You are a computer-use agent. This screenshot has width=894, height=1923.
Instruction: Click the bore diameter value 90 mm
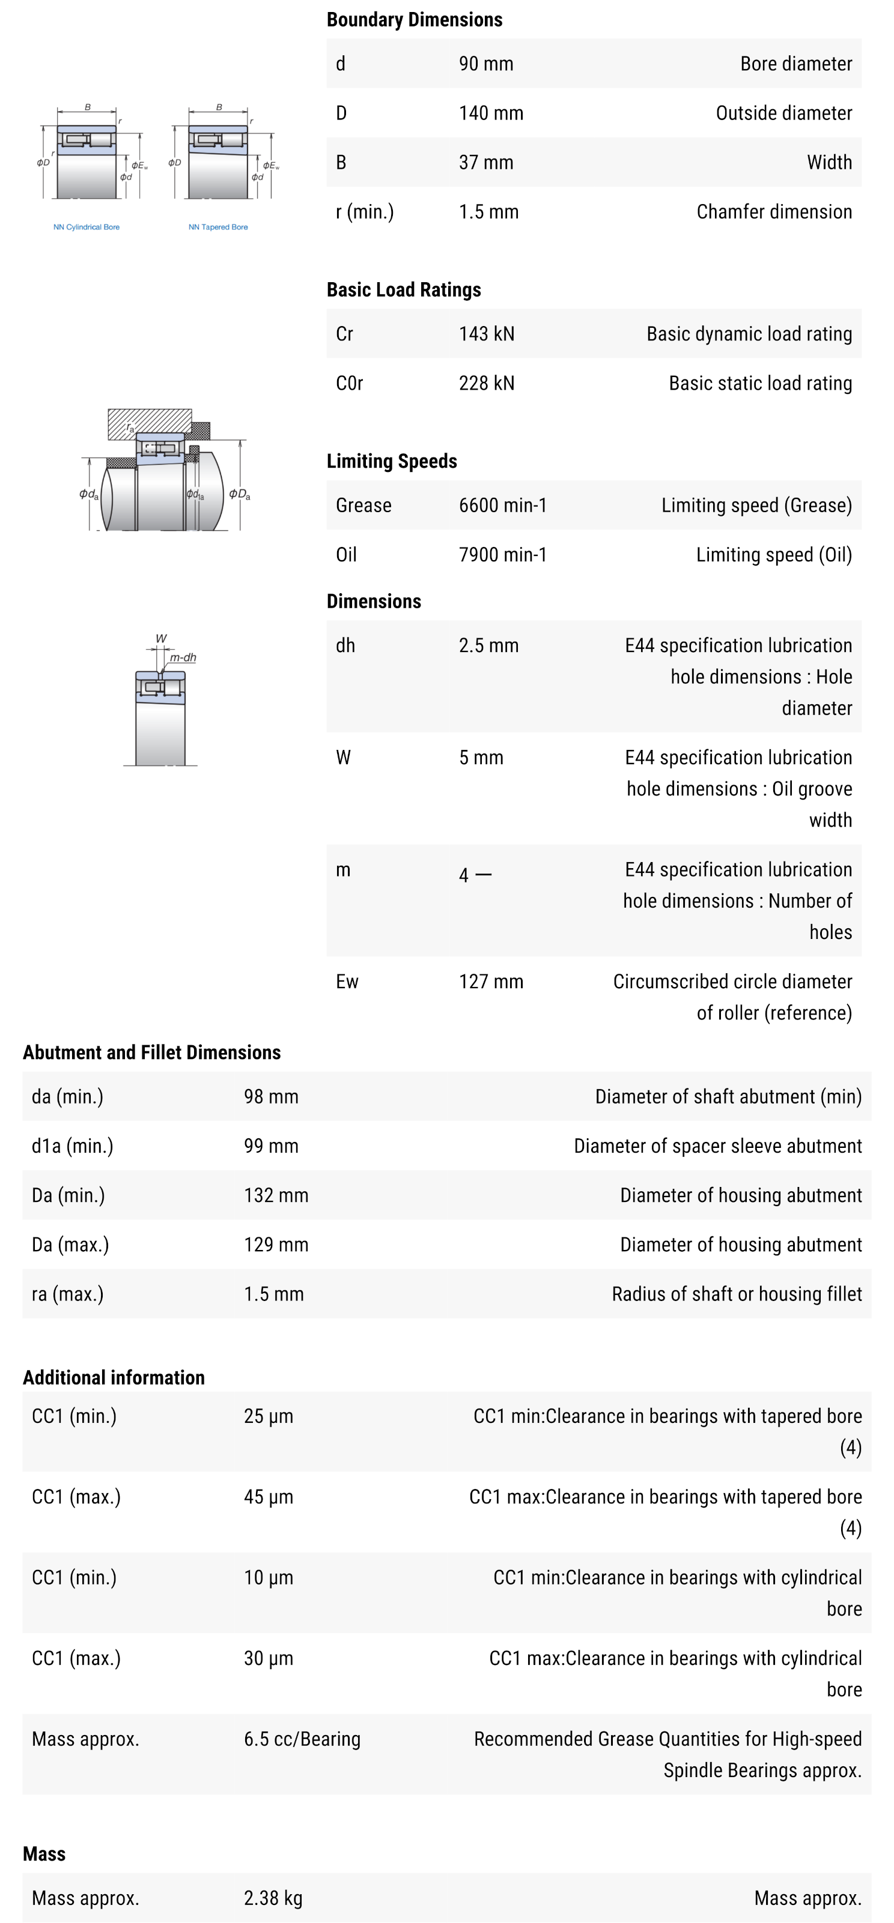point(485,64)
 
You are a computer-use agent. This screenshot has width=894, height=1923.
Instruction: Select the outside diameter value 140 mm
point(491,113)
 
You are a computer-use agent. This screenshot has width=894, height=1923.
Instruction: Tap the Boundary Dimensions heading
point(414,19)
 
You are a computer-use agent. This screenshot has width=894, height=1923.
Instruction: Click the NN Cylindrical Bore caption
point(86,227)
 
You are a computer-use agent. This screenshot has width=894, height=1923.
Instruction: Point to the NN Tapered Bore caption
point(218,227)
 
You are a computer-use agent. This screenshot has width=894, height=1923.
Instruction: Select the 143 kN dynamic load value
point(486,334)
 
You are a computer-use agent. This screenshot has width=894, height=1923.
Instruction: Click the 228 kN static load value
point(486,383)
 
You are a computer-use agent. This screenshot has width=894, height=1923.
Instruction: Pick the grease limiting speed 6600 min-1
point(503,506)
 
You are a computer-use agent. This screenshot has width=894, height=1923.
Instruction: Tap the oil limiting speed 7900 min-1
point(503,555)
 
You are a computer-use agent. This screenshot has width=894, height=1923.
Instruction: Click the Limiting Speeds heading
point(391,461)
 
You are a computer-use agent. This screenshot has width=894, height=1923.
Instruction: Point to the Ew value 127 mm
point(491,982)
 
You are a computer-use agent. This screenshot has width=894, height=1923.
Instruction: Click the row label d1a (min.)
point(73,1146)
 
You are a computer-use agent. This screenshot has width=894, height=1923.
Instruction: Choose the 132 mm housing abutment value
point(276,1195)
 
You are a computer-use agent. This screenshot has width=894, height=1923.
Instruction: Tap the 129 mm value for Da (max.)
point(276,1245)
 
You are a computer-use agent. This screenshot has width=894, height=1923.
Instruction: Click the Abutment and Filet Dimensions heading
point(151,1052)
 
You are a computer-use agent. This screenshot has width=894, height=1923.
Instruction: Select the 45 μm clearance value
point(268,1497)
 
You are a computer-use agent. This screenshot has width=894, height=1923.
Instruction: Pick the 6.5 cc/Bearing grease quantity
point(302,1739)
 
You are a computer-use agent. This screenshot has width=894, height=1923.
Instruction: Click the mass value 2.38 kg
point(273,1898)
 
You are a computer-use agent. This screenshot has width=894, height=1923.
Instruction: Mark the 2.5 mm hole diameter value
point(488,646)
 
